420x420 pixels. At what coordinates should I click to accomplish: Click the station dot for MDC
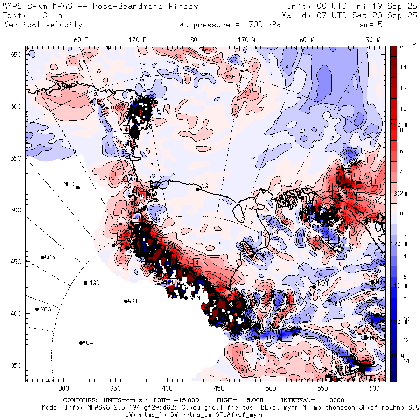click(x=77, y=188)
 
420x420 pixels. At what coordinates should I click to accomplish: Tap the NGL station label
click(x=206, y=186)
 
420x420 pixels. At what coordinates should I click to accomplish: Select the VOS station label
click(x=46, y=309)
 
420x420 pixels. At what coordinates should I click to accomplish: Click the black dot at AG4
click(x=81, y=343)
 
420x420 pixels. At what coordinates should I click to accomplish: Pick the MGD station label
click(x=94, y=283)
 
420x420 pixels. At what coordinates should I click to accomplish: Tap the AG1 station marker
click(x=126, y=301)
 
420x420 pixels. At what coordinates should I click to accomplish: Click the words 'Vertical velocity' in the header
click(x=43, y=25)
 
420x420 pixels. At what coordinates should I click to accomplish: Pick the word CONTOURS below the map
click(x=81, y=400)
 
